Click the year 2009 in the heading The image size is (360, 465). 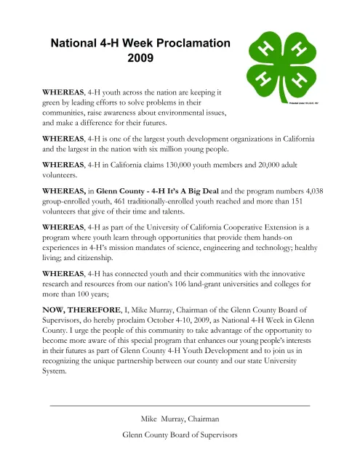140,57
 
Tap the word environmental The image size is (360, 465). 187,114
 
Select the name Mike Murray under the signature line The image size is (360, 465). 161,419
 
